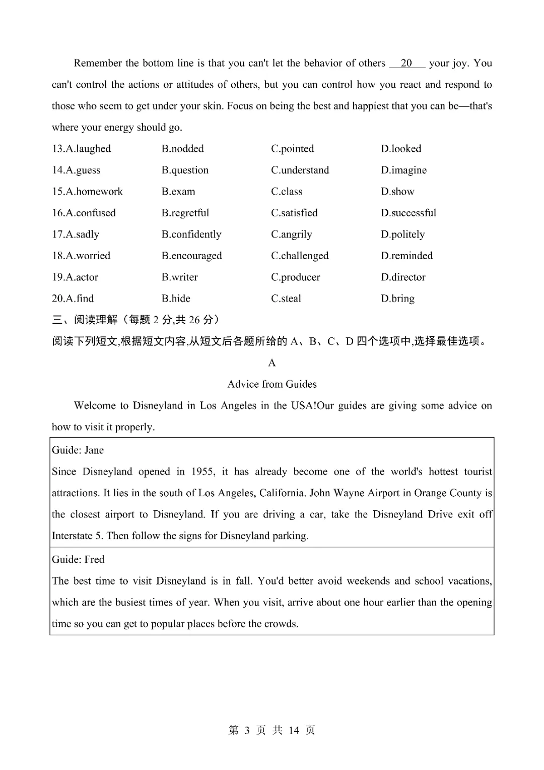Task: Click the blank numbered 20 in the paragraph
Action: (x=406, y=64)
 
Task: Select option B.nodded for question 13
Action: (x=182, y=149)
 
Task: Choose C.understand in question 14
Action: (x=300, y=170)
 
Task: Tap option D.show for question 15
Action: (x=397, y=192)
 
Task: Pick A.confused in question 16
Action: (x=84, y=213)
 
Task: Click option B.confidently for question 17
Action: (x=191, y=234)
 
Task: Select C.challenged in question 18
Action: (x=300, y=256)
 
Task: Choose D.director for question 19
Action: (x=403, y=277)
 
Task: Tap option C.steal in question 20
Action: (x=286, y=299)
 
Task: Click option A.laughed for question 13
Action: (x=81, y=149)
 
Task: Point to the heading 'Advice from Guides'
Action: (x=272, y=384)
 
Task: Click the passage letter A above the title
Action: (x=272, y=363)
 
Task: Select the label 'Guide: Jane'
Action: (x=78, y=450)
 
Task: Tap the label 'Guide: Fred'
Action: (x=78, y=560)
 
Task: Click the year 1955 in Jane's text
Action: (x=202, y=472)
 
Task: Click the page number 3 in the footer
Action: (x=247, y=731)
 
